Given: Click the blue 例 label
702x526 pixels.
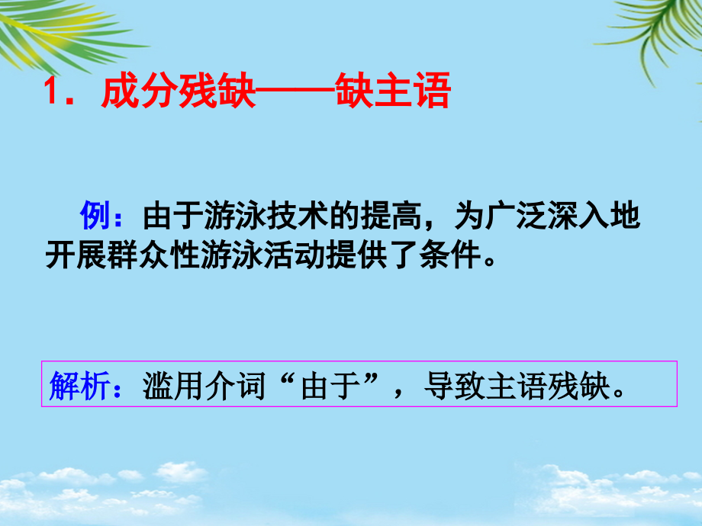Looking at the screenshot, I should click(96, 218).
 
